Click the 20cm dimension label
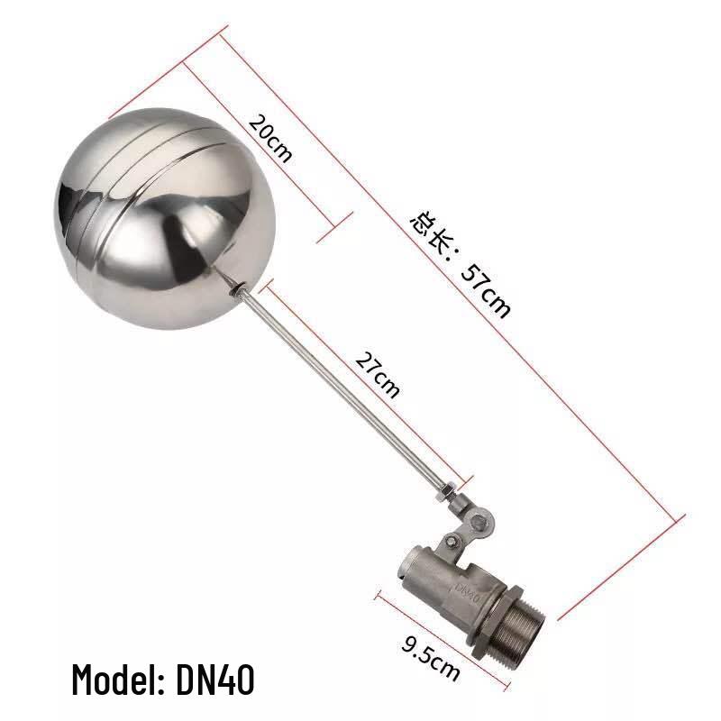coord(269,138)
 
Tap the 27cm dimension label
coord(378,374)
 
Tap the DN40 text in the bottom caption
coord(214,680)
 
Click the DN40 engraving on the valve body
coord(468,593)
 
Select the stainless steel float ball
coord(166,218)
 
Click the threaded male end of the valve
coord(523,625)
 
